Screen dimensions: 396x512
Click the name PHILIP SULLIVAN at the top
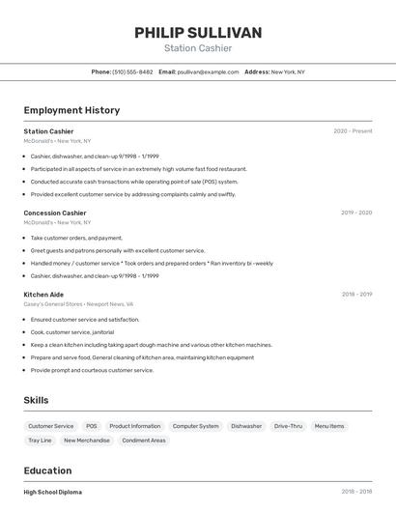(x=198, y=33)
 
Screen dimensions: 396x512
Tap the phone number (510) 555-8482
(x=132, y=71)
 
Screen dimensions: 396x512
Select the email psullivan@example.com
(x=208, y=71)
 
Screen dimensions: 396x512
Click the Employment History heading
(x=71, y=110)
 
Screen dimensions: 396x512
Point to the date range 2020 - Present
(x=353, y=131)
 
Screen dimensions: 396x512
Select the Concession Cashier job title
(x=55, y=213)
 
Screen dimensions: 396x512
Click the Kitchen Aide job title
(x=43, y=294)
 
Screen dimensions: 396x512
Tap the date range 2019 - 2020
(x=356, y=213)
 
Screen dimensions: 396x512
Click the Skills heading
(x=36, y=400)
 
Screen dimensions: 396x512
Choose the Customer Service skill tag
(x=50, y=426)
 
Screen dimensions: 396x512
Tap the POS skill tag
(x=91, y=426)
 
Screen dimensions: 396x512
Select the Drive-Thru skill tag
(x=288, y=426)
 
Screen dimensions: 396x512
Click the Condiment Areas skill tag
(x=143, y=441)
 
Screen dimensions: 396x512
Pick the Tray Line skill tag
(x=40, y=441)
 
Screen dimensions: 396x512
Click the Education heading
(x=48, y=470)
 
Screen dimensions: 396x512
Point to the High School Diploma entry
(x=52, y=492)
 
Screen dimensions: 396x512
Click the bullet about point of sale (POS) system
(x=133, y=182)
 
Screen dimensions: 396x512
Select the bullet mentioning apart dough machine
(x=151, y=345)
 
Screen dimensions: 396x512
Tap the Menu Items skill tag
(x=329, y=426)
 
